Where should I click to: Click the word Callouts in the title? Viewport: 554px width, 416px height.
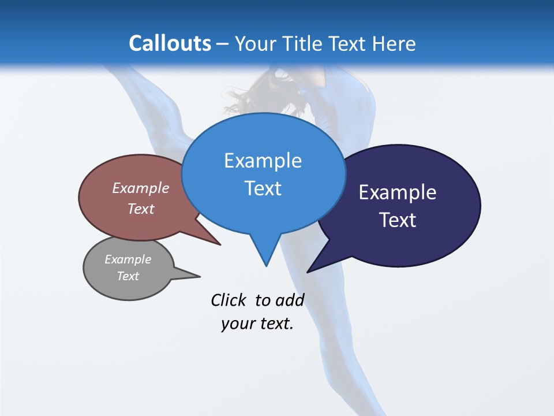(x=170, y=43)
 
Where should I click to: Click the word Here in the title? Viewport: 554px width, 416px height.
(x=395, y=43)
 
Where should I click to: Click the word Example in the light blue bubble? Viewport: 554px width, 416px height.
(x=263, y=161)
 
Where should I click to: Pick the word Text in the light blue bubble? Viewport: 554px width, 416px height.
(x=263, y=188)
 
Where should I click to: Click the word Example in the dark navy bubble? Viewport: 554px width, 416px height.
(x=398, y=192)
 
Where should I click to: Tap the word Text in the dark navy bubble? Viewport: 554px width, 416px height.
(x=398, y=220)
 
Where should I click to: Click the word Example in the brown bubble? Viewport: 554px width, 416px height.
(x=141, y=188)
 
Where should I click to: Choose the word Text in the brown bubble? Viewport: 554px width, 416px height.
(x=141, y=209)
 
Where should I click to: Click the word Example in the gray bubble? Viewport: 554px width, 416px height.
(x=128, y=259)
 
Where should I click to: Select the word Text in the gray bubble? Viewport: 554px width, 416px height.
(x=128, y=276)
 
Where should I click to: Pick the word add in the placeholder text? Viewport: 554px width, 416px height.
(x=290, y=300)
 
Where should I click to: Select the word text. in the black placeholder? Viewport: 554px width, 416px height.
(x=274, y=324)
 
